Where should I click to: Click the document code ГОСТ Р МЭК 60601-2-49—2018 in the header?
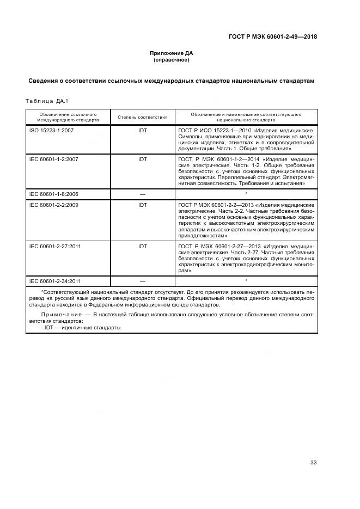point(272,38)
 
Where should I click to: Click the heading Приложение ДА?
point(171,53)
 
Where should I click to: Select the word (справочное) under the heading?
point(171,60)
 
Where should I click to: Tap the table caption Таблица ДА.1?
point(46,101)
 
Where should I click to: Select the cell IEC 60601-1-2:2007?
point(53,160)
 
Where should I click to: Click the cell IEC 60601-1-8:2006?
point(53,193)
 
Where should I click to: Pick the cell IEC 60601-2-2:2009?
point(53,205)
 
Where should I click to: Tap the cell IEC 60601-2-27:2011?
point(54,247)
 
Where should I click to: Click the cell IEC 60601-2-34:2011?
point(54,281)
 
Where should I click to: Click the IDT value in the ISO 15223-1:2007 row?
point(143,131)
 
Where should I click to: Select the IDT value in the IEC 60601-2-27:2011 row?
point(143,247)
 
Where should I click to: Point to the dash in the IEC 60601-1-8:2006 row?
point(143,194)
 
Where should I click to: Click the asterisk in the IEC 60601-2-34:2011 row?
point(246,280)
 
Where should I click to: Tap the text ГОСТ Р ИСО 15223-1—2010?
point(211,131)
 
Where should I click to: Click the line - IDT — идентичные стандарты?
point(82,328)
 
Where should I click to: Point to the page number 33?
point(313,462)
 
